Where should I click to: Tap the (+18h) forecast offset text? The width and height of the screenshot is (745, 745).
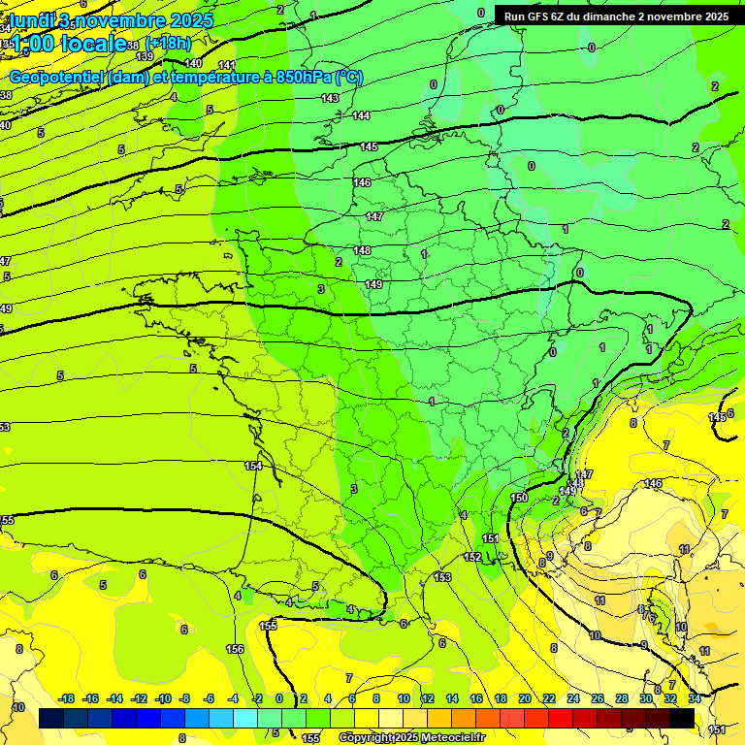click(168, 44)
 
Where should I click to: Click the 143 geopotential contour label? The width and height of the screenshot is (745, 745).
click(330, 98)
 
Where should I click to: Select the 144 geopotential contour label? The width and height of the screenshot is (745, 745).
click(361, 115)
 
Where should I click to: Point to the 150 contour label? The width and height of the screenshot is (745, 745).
click(519, 498)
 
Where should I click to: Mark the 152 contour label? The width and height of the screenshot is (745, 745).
click(472, 557)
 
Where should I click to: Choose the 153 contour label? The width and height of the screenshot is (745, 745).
click(442, 577)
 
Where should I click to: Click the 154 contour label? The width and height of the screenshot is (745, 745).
click(253, 467)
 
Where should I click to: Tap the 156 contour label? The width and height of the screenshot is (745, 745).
click(235, 648)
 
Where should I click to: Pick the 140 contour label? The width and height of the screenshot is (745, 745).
click(193, 63)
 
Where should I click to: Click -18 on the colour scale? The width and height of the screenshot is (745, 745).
click(67, 698)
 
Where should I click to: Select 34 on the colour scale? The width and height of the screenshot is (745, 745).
click(695, 698)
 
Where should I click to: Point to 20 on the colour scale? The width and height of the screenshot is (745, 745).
click(525, 698)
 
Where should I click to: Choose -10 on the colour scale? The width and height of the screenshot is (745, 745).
click(164, 698)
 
